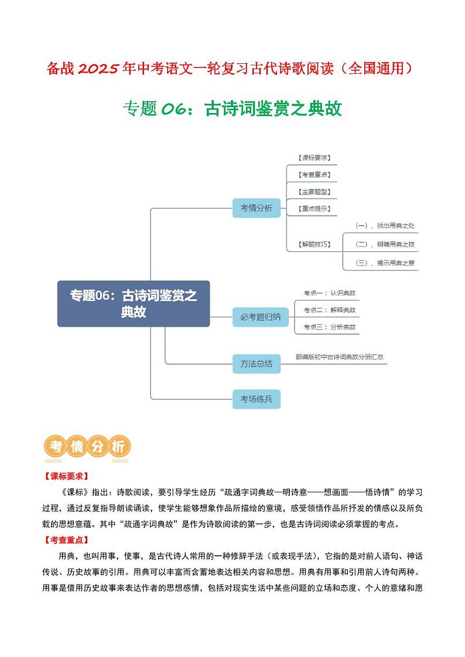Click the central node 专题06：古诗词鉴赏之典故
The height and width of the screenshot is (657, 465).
click(134, 303)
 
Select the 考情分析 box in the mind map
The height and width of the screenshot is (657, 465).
click(257, 208)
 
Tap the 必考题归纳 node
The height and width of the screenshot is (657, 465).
click(257, 317)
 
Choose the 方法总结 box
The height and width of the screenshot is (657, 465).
click(257, 363)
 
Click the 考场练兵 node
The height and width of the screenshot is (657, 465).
click(257, 399)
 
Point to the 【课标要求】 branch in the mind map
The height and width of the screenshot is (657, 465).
click(314, 158)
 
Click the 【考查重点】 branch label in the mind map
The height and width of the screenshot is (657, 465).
click(314, 174)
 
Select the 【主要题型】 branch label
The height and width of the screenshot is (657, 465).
click(314, 191)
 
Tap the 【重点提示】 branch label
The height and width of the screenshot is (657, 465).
click(314, 208)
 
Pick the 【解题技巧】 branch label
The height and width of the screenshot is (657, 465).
click(314, 244)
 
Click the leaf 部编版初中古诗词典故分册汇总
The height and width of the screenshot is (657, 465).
click(340, 356)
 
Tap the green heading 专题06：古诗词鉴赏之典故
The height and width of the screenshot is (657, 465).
click(232, 108)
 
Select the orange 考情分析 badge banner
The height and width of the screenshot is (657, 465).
click(88, 447)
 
